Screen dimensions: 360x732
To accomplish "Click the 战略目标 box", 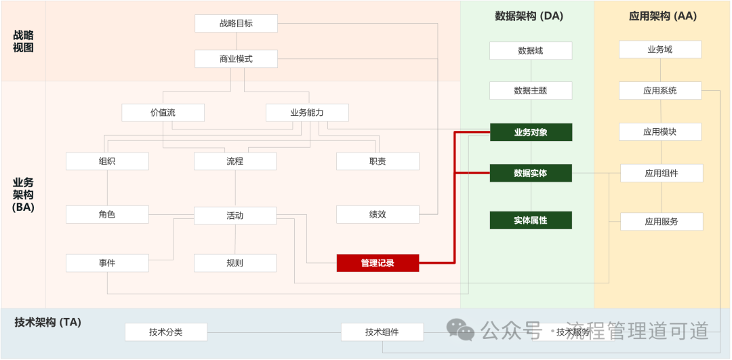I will point(236,23).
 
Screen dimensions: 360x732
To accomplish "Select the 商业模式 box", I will point(236,59).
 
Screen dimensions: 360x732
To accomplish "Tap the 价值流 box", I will point(163,113).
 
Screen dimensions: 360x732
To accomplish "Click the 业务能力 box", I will point(307,113).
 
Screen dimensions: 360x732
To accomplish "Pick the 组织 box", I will point(107,161).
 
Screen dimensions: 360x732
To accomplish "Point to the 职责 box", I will point(378,161).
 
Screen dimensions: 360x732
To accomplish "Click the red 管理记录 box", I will point(378,263).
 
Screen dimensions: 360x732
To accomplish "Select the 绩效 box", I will point(378,215).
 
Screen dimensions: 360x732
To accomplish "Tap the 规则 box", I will point(235,263).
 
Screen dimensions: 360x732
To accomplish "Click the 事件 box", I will point(107,263).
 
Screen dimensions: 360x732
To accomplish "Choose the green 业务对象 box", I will point(531,132).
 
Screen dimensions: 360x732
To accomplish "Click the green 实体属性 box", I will point(531,220).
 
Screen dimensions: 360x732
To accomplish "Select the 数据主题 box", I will point(531,91).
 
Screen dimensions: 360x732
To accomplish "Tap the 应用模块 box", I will point(660,132).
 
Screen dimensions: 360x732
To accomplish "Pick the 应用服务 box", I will point(662,222).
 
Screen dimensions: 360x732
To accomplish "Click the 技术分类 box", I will point(166,332).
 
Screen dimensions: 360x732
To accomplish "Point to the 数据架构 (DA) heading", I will point(529,16).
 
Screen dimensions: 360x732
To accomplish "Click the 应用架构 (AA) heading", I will point(662,16).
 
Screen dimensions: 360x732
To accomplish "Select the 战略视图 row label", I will point(23,41).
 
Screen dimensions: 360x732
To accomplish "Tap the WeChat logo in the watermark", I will point(461,329).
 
